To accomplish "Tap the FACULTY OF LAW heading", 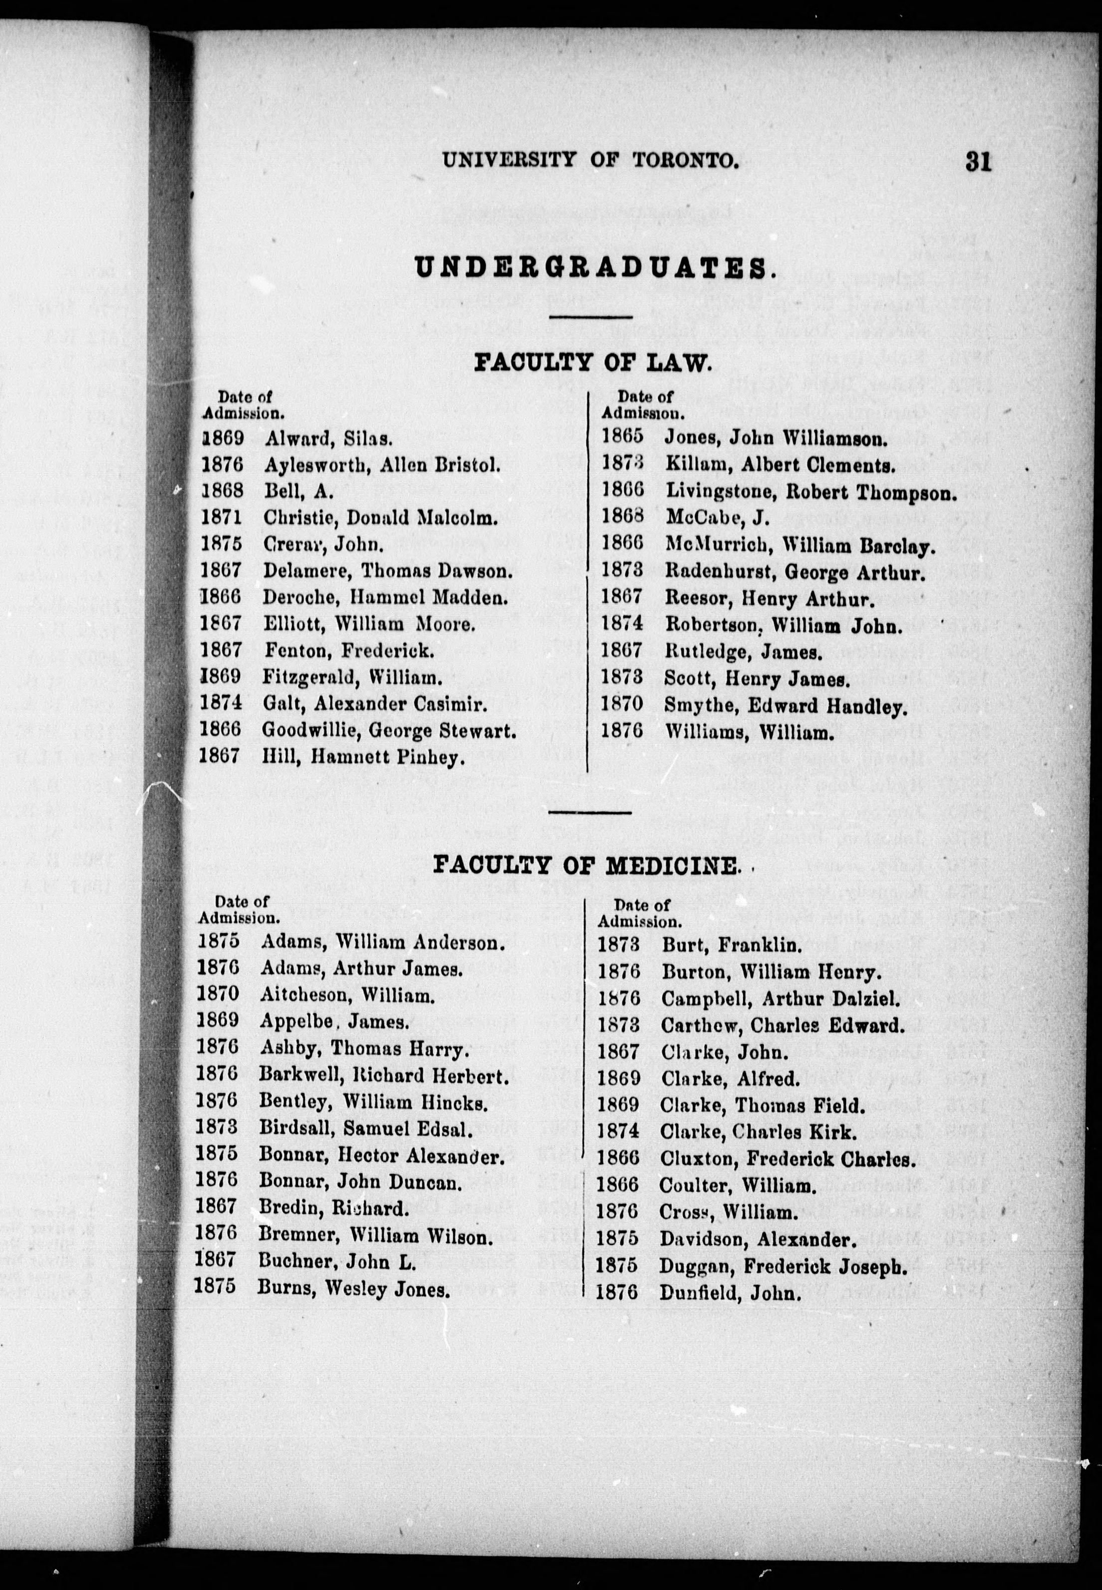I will [x=592, y=362].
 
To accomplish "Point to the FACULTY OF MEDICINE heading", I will [x=585, y=865].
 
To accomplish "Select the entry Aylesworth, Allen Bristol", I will [x=382, y=465].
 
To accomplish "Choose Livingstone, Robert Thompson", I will [x=811, y=492].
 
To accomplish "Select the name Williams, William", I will [x=749, y=732].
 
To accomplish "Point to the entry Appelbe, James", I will [x=334, y=1022].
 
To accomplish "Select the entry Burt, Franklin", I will [x=732, y=944].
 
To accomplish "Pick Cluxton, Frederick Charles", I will [x=787, y=1159].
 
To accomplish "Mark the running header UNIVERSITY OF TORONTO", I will [x=590, y=160].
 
